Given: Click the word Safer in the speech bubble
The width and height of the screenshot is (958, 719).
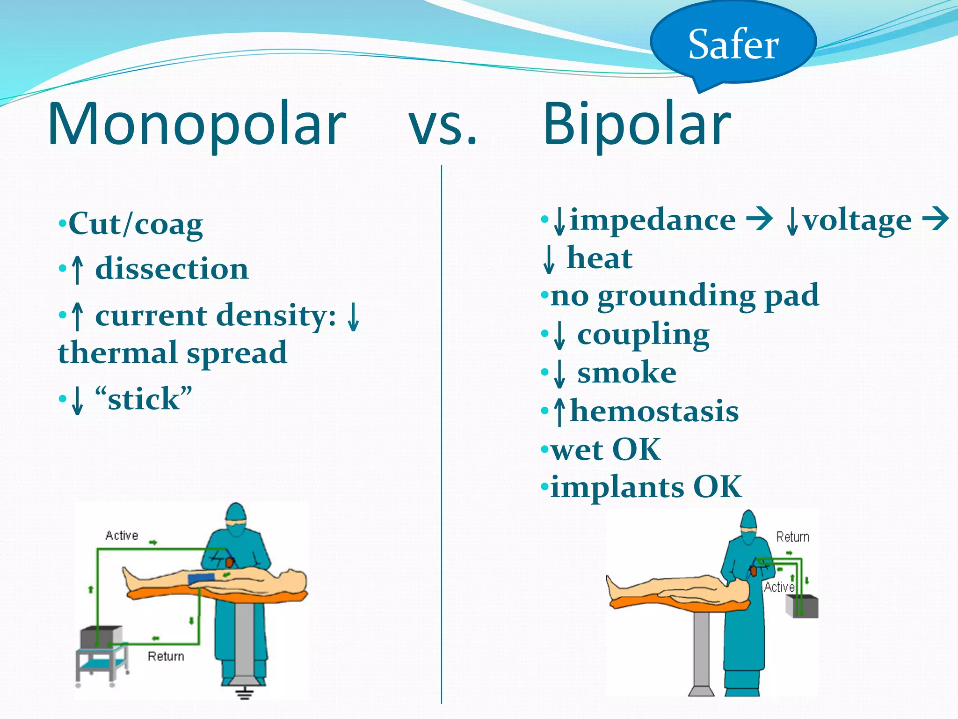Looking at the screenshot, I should (733, 44).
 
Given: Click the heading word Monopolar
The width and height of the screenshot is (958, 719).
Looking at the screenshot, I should (196, 124).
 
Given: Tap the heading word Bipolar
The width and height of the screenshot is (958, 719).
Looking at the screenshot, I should (637, 124).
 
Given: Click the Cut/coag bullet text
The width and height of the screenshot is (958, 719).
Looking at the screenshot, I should (136, 224).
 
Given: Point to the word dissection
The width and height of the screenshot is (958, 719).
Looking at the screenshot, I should (172, 269).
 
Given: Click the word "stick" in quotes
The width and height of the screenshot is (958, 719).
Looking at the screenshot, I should (143, 399).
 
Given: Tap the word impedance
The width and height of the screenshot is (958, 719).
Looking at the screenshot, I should (653, 220).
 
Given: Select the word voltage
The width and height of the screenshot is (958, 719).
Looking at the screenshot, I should (857, 220).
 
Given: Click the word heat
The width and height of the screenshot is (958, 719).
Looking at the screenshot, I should (599, 258).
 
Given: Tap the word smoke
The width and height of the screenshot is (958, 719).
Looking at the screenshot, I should (627, 373).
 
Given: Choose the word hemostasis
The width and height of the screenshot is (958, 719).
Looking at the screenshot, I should (654, 411).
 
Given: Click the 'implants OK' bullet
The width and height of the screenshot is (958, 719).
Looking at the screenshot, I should (646, 487).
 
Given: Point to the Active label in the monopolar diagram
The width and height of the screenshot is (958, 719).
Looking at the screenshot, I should (122, 536).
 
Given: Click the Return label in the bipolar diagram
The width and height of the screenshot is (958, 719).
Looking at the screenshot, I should (792, 537).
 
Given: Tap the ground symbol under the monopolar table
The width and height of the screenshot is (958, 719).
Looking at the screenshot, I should (244, 692).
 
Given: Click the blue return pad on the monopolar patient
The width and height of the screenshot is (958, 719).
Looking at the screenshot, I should (201, 579).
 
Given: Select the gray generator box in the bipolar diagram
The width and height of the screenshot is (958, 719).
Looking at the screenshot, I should (803, 607).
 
